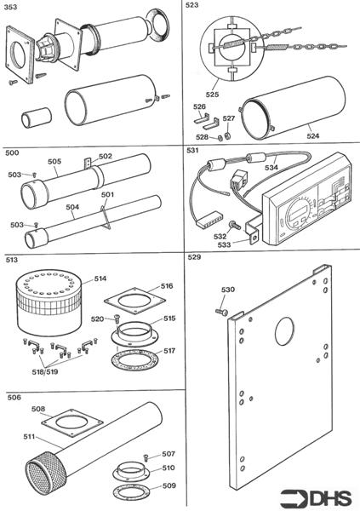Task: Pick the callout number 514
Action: click(x=100, y=278)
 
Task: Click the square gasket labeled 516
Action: click(x=131, y=301)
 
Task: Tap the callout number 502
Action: click(x=105, y=157)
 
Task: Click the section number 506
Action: click(x=14, y=397)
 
